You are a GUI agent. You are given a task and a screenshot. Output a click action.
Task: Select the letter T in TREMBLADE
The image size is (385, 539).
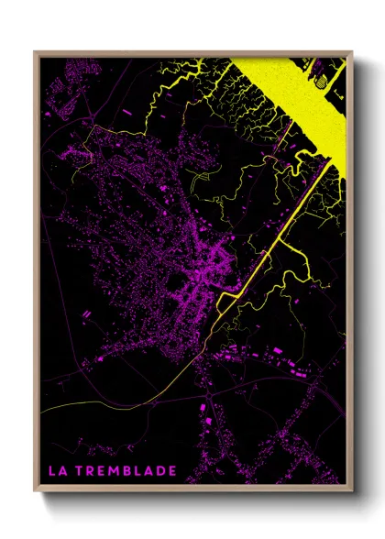(82, 470)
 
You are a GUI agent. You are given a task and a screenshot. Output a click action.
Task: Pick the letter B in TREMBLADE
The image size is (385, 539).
(127, 470)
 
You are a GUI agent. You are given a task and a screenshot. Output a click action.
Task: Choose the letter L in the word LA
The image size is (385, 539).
(53, 470)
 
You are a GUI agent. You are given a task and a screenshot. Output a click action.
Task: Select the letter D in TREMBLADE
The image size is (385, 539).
(160, 470)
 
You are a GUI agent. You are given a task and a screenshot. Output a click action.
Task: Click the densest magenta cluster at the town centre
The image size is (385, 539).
(206, 275)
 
